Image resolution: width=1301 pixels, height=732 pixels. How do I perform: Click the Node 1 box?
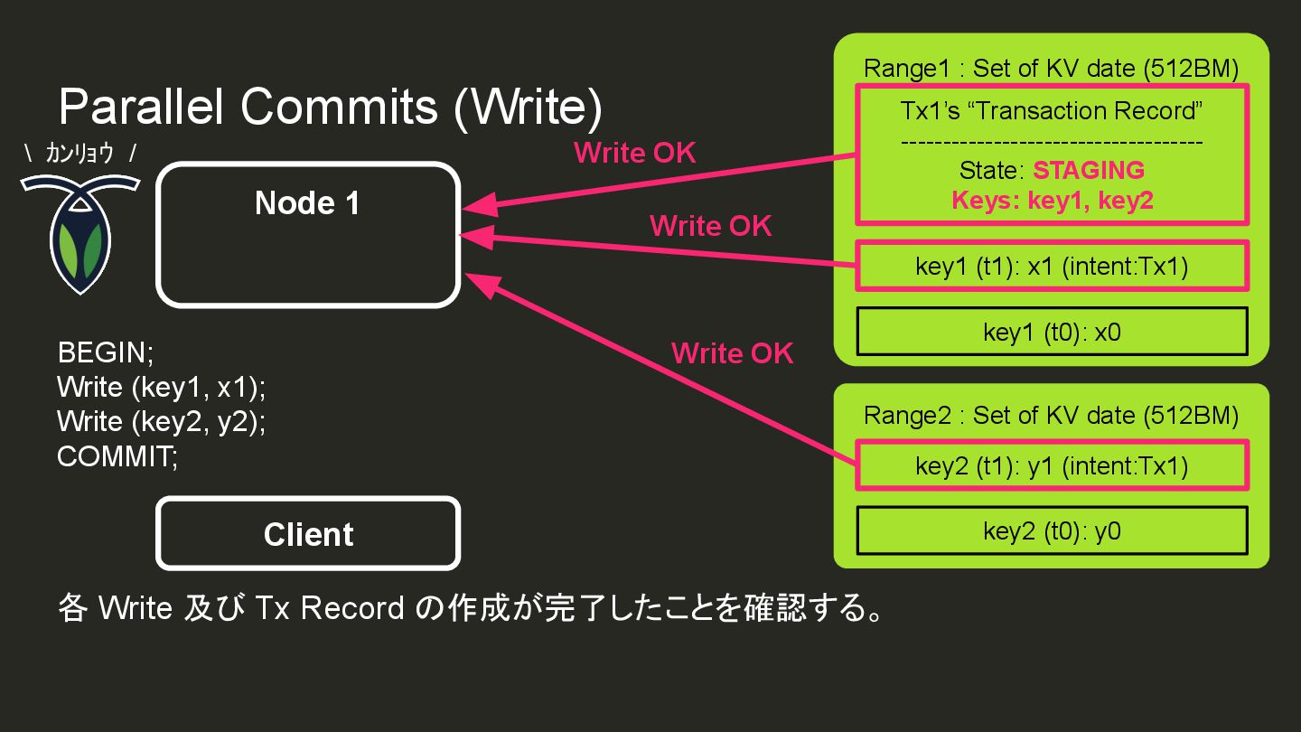pos(308,235)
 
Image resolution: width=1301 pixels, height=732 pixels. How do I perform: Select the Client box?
pos(308,534)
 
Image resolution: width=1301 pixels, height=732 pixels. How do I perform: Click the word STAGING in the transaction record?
pos(1088,171)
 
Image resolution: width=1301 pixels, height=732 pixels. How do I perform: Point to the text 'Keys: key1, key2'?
pos(1052,200)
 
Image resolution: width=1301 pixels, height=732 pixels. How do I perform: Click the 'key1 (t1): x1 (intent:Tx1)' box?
pos(1052,267)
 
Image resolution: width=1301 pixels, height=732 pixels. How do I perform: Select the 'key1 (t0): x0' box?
pos(1052,332)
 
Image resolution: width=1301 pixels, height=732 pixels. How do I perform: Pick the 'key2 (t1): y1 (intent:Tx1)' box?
pos(1052,465)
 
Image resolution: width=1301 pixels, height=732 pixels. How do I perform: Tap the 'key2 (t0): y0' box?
pos(1052,530)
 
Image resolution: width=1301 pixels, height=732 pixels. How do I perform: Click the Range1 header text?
pos(1051,68)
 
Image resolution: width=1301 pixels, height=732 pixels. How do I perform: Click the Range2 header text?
pos(1051,415)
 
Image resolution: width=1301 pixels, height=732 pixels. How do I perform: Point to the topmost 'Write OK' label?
pos(635,153)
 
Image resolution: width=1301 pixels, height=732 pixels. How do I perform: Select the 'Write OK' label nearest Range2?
pos(732,352)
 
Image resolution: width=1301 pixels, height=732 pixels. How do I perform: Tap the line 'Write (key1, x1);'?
pos(162,387)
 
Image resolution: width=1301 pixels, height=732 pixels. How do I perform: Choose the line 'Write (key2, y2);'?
pos(162,421)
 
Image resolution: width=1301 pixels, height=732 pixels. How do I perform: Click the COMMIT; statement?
pos(117,456)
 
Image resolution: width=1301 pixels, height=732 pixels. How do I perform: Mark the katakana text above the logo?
pos(80,154)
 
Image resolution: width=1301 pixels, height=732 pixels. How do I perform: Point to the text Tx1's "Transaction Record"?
pos(1052,111)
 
